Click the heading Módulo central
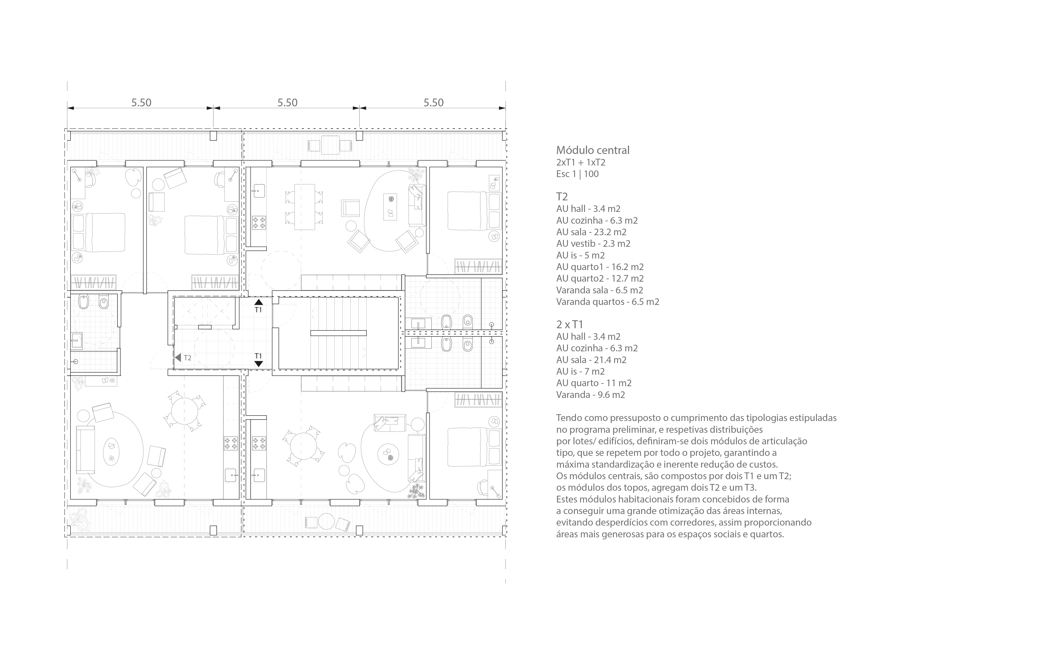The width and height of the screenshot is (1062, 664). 593,150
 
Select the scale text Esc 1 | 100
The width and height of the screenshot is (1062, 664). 577,174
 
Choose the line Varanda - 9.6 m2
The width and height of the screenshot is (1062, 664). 591,395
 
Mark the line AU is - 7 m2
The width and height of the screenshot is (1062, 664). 580,371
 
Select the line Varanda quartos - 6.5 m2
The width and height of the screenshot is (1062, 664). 608,302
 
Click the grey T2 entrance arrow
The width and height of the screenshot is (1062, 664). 178,358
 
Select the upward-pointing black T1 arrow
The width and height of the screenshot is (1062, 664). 259,302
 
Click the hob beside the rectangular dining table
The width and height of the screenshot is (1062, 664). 259,222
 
